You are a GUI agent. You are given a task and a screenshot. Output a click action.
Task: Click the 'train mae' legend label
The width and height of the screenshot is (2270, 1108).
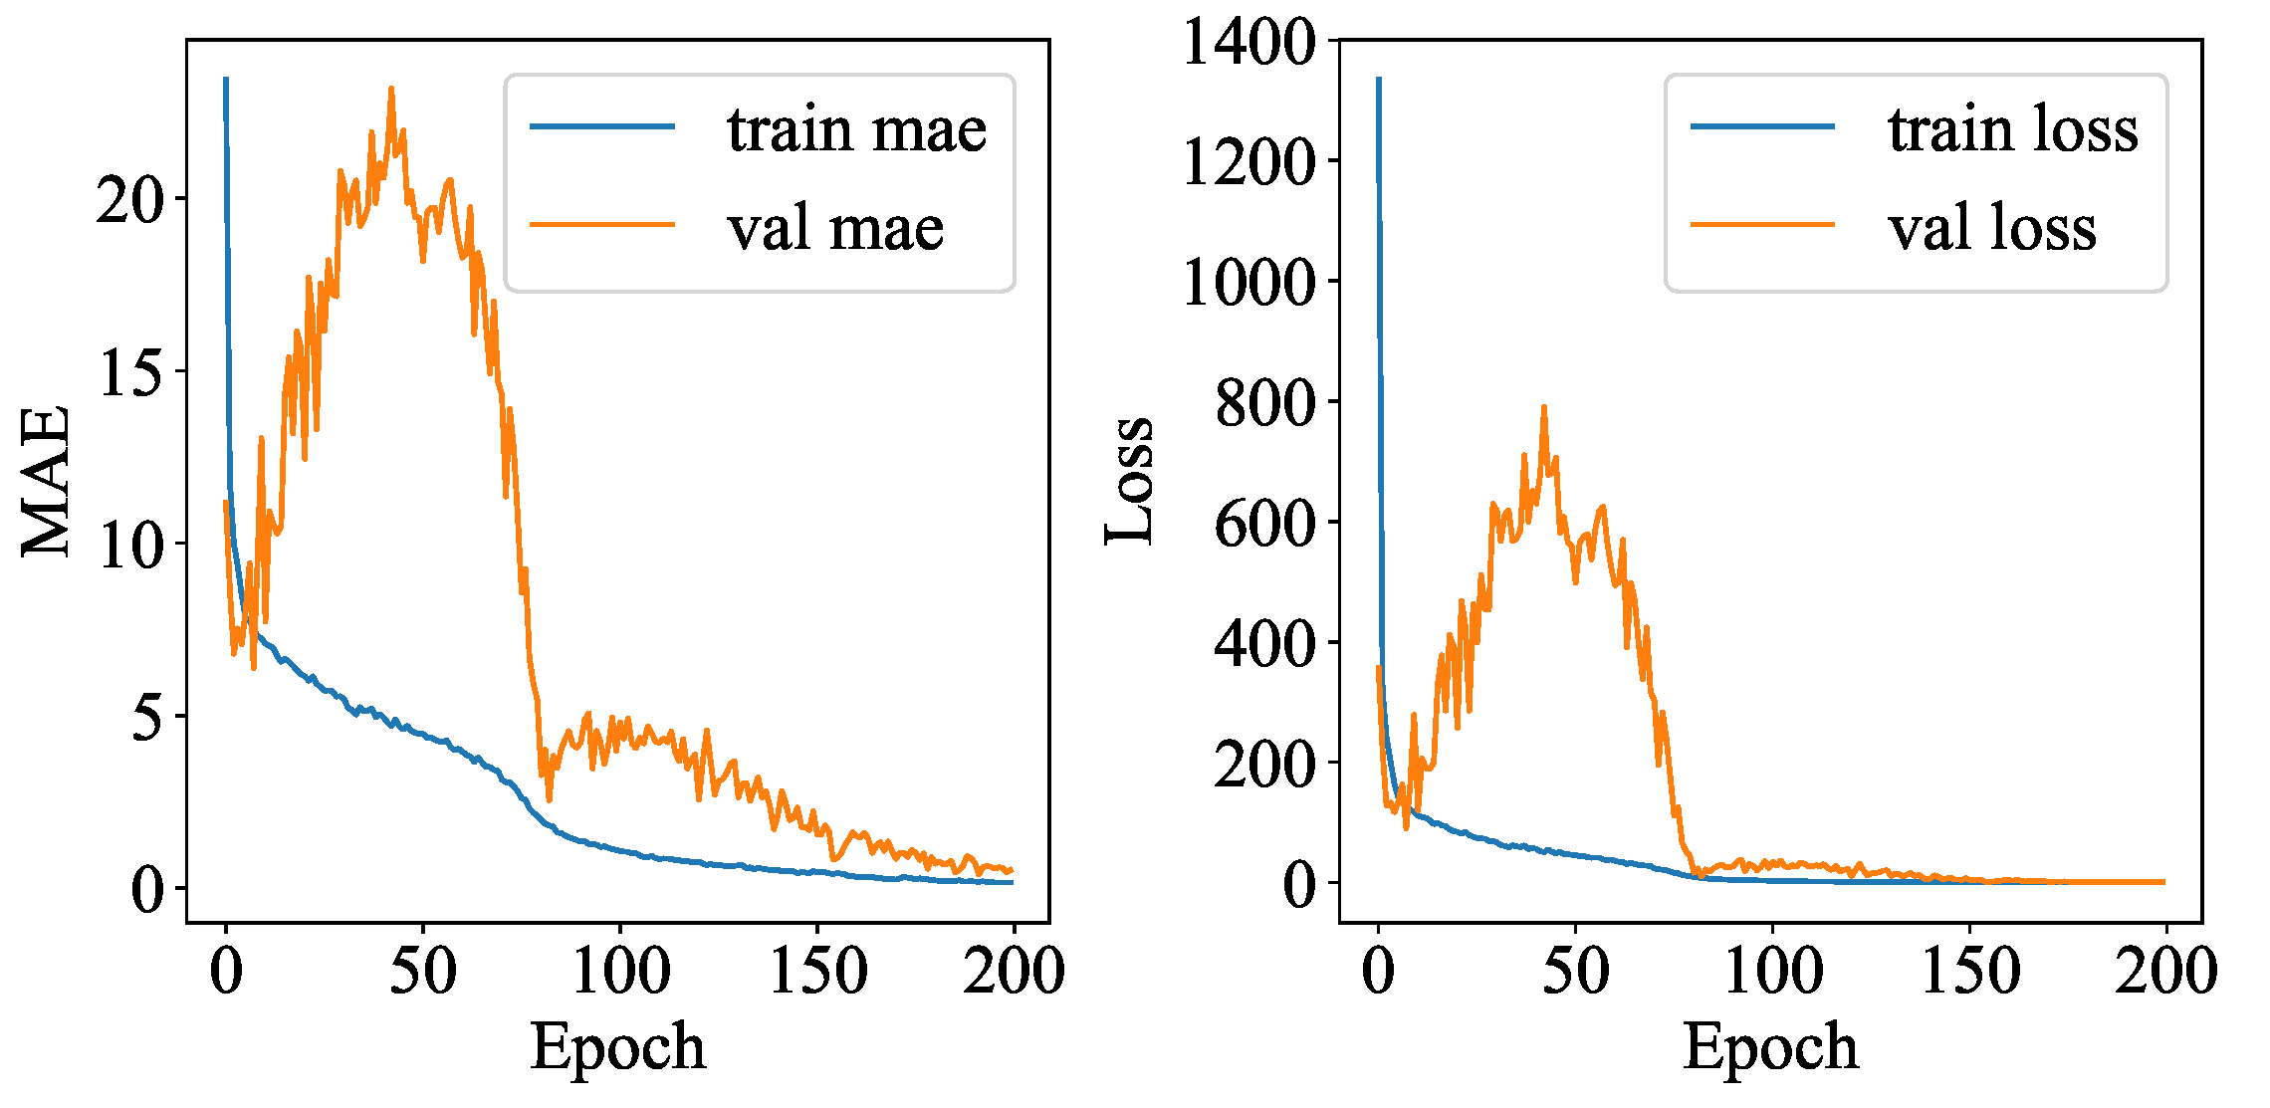(x=856, y=129)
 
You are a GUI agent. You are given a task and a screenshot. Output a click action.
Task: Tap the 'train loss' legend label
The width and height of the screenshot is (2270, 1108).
(x=2012, y=129)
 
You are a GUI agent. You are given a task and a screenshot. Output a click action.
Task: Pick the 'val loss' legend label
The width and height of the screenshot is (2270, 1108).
(x=1991, y=228)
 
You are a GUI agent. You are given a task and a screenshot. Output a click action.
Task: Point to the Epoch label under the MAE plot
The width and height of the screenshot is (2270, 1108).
(x=617, y=1047)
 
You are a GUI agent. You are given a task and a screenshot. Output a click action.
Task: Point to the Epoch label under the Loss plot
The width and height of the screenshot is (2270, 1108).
(x=1770, y=1047)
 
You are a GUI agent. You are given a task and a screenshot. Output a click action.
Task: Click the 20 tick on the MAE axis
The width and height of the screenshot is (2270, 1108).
(x=129, y=200)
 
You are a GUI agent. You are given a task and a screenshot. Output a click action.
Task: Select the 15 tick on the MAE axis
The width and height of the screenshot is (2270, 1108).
(x=129, y=372)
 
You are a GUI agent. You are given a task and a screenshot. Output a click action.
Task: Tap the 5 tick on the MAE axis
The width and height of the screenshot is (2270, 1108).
(x=146, y=717)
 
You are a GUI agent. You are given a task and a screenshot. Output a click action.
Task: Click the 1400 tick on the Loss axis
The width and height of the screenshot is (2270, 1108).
(x=1248, y=43)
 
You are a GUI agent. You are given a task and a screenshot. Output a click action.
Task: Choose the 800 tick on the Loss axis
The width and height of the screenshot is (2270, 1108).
(x=1264, y=403)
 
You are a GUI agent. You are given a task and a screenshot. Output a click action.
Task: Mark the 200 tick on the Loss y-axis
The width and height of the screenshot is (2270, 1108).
(x=1264, y=765)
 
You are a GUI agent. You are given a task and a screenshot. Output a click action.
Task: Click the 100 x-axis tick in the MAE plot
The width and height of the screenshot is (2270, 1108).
(x=620, y=971)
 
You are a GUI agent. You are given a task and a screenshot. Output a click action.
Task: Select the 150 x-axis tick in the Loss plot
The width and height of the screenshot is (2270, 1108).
(x=1969, y=971)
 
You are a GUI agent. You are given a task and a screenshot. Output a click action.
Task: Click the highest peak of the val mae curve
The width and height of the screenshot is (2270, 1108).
(x=391, y=89)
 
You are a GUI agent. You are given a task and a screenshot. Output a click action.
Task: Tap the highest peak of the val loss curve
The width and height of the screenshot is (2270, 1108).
(x=1544, y=407)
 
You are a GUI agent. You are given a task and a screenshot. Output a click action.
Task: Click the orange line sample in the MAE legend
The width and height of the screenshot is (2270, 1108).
(x=601, y=224)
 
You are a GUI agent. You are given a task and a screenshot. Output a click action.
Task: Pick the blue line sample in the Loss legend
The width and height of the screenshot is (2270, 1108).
(x=1762, y=126)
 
